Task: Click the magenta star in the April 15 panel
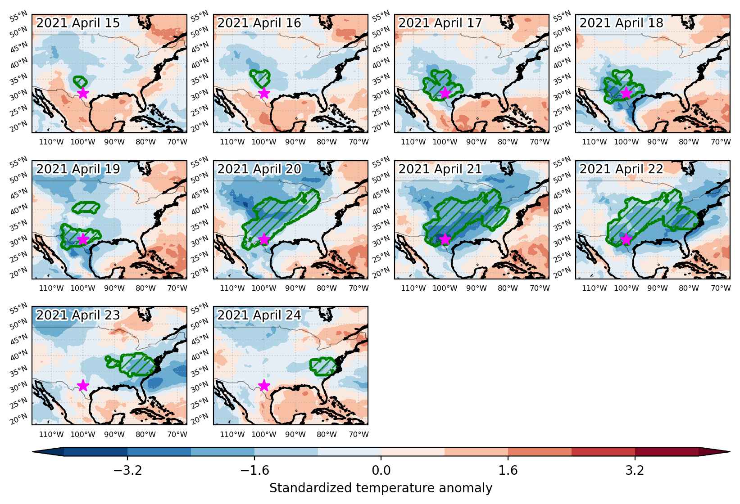83,93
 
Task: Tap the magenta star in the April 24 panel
264,385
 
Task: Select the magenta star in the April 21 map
445,239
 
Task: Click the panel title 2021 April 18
621,23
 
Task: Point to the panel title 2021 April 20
259,169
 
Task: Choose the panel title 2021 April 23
78,315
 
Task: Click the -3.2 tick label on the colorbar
127,470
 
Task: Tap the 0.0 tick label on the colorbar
381,470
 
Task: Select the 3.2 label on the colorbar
635,470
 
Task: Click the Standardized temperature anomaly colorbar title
381,488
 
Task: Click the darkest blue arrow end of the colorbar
48,451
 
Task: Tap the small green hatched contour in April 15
80,81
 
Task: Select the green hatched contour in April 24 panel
322,366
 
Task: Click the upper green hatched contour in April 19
86,207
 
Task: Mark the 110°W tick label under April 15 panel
51,142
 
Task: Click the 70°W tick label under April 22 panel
721,288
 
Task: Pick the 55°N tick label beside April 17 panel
381,17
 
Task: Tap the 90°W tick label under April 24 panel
295,434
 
